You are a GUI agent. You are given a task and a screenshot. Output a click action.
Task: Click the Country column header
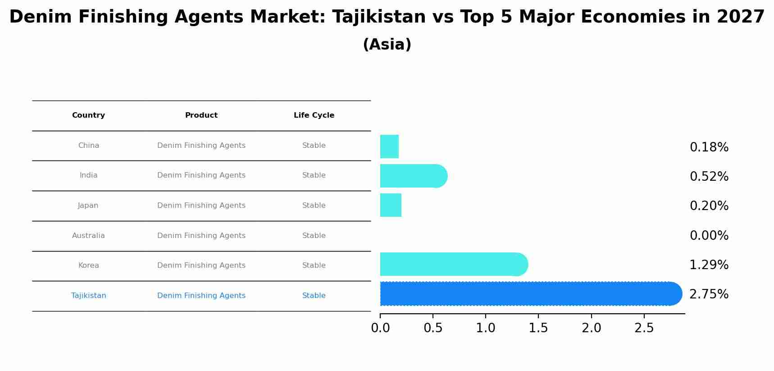pyautogui.click(x=88, y=115)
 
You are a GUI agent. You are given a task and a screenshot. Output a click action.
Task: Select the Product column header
pyautogui.click(x=201, y=115)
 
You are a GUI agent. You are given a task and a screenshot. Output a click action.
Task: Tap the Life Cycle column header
pyautogui.click(x=314, y=115)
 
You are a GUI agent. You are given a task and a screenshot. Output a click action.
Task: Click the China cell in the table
pyautogui.click(x=88, y=146)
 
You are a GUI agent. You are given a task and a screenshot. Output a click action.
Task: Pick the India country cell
pyautogui.click(x=88, y=175)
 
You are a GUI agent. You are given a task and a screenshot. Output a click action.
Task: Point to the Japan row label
pyautogui.click(x=88, y=206)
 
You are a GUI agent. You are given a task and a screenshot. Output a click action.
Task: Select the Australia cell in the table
pyautogui.click(x=88, y=236)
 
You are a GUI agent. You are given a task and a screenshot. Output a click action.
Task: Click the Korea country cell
pyautogui.click(x=88, y=266)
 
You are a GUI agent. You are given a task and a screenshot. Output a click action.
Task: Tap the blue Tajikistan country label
pyautogui.click(x=88, y=296)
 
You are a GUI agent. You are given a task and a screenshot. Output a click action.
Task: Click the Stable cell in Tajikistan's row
pyautogui.click(x=314, y=296)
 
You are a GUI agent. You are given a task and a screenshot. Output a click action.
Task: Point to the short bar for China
pyautogui.click(x=389, y=147)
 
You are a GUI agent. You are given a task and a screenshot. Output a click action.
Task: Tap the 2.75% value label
pyautogui.click(x=709, y=294)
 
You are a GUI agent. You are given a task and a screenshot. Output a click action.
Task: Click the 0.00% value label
pyautogui.click(x=709, y=236)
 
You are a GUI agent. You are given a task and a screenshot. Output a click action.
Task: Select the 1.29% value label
pyautogui.click(x=709, y=265)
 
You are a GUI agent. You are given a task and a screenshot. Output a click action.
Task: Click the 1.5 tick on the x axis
pyautogui.click(x=538, y=328)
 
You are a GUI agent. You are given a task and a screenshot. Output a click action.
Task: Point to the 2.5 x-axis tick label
pyautogui.click(x=644, y=328)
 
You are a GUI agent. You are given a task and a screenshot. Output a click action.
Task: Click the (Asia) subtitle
pyautogui.click(x=387, y=45)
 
